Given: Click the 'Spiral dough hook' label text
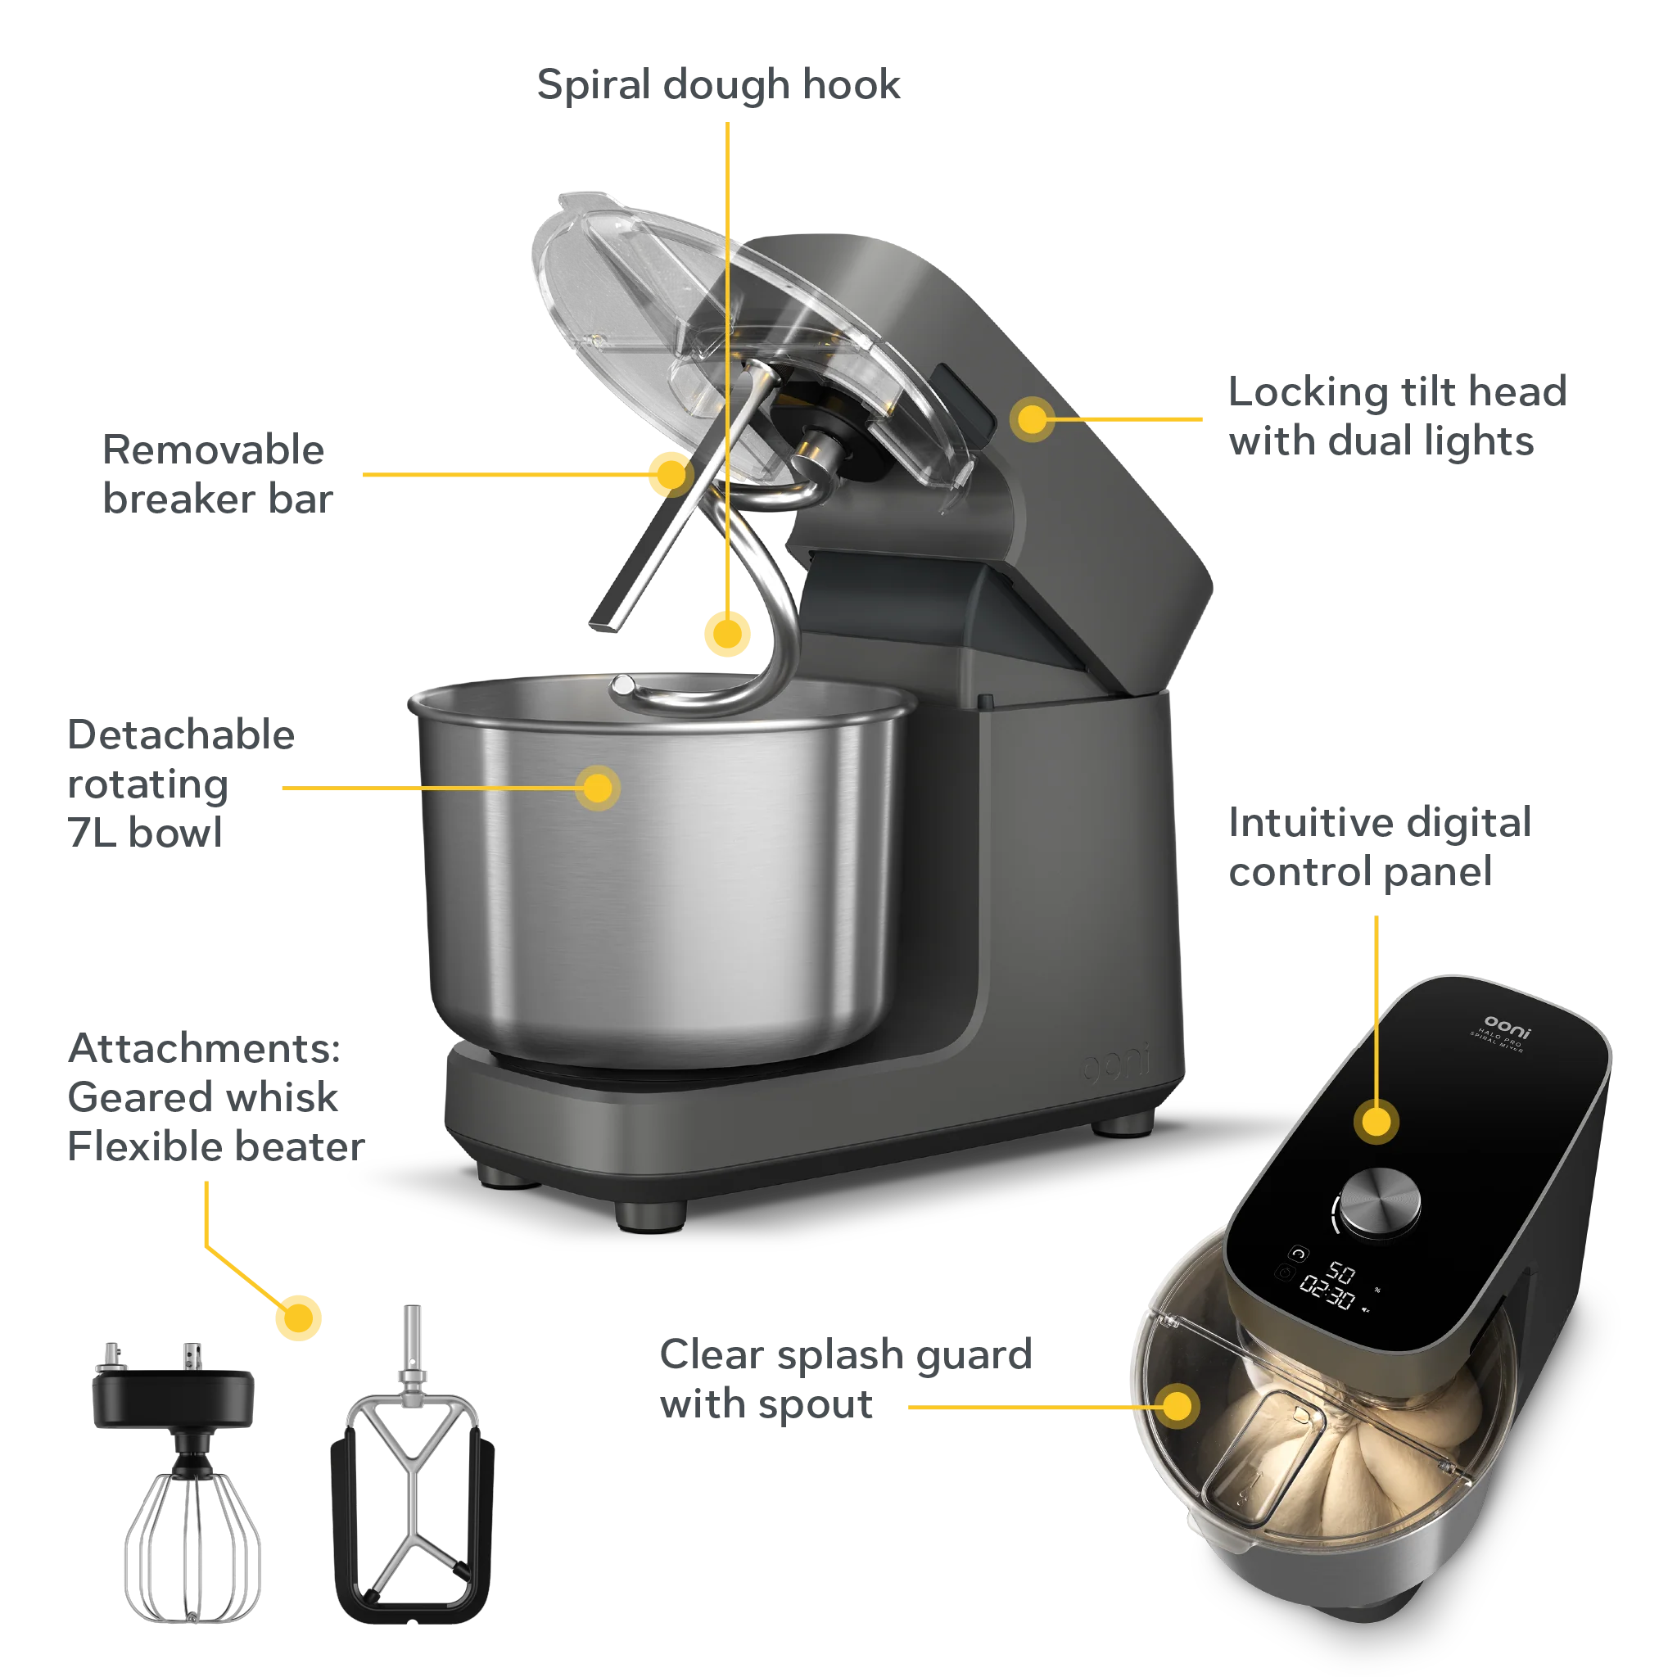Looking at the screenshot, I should click(x=720, y=85).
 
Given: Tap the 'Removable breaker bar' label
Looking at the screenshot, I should click(x=216, y=475).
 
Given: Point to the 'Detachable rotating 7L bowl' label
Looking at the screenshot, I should click(x=179, y=784).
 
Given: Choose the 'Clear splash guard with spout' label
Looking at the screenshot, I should click(x=844, y=1379).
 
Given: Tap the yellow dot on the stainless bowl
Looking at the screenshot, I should click(x=597, y=789).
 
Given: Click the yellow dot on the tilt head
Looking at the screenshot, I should click(x=1031, y=418).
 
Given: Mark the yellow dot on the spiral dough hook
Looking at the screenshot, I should click(x=726, y=632).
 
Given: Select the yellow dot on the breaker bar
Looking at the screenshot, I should click(x=669, y=474).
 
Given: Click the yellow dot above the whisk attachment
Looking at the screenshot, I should click(x=300, y=1317).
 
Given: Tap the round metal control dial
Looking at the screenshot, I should click(x=1381, y=1202).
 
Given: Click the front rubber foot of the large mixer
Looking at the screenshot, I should click(x=650, y=1214).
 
